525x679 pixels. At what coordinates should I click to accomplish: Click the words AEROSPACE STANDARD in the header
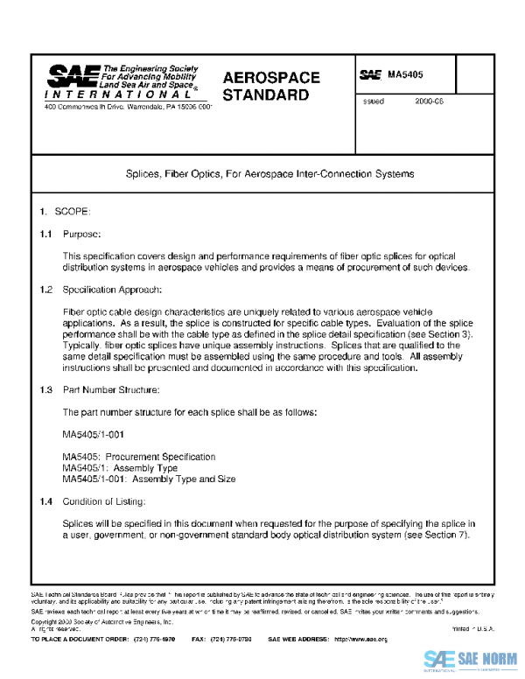coord(271,86)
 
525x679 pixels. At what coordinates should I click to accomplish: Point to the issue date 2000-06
coord(430,102)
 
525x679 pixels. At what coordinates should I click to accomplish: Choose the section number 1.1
coord(46,234)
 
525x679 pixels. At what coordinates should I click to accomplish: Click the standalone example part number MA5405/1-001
coord(94,434)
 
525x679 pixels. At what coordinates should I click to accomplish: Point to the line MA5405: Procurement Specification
coord(138,457)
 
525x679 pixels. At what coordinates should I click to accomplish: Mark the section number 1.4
coord(46,501)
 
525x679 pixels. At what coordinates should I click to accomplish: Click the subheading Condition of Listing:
coord(104,501)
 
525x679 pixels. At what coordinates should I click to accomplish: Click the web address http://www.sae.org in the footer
coord(360,640)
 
